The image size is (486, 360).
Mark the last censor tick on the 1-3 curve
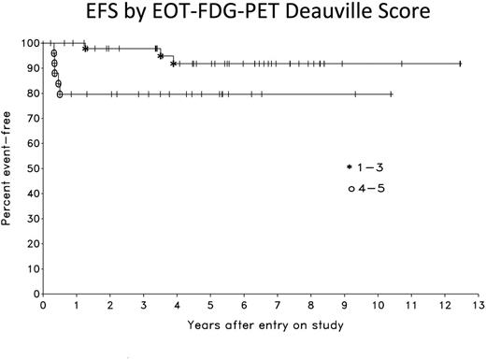(460, 64)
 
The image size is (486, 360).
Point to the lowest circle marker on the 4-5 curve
(59, 94)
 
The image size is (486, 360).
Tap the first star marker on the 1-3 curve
(85, 48)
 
